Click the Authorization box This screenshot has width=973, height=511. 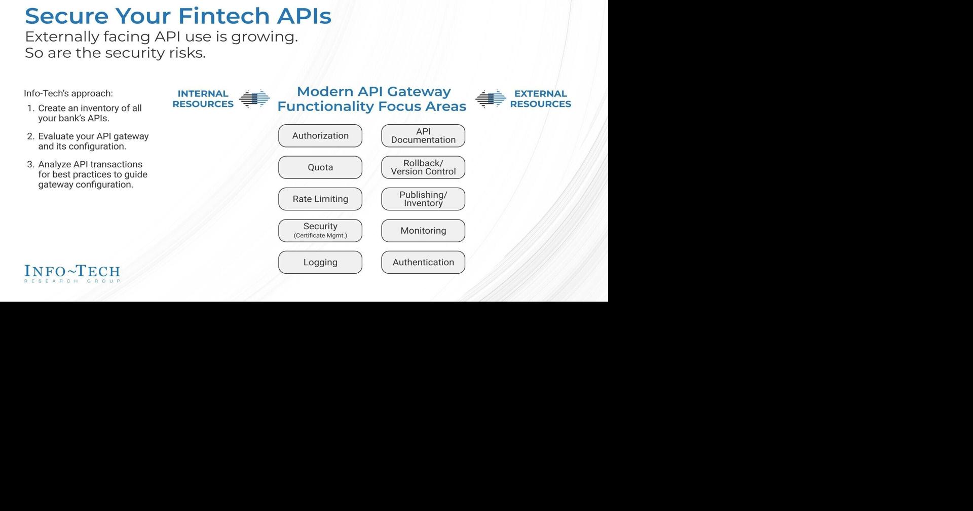(320, 136)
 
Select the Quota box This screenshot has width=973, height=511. (320, 167)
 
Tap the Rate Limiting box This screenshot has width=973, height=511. (320, 199)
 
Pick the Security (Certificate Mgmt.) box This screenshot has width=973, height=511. (320, 231)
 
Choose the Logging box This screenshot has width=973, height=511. (320, 263)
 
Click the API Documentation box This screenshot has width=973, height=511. (423, 136)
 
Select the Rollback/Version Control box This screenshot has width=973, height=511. (423, 167)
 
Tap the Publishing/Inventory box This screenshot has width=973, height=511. (423, 199)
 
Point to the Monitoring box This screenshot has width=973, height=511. (423, 231)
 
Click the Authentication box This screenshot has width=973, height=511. (423, 263)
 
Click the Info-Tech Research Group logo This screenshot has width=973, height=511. (72, 273)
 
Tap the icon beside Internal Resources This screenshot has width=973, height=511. (254, 99)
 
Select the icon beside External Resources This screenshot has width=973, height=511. (491, 99)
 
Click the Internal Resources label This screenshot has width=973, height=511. (203, 99)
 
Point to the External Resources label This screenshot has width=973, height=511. (540, 99)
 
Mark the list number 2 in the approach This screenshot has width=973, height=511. (30, 136)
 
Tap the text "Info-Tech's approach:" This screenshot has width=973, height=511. (68, 93)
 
